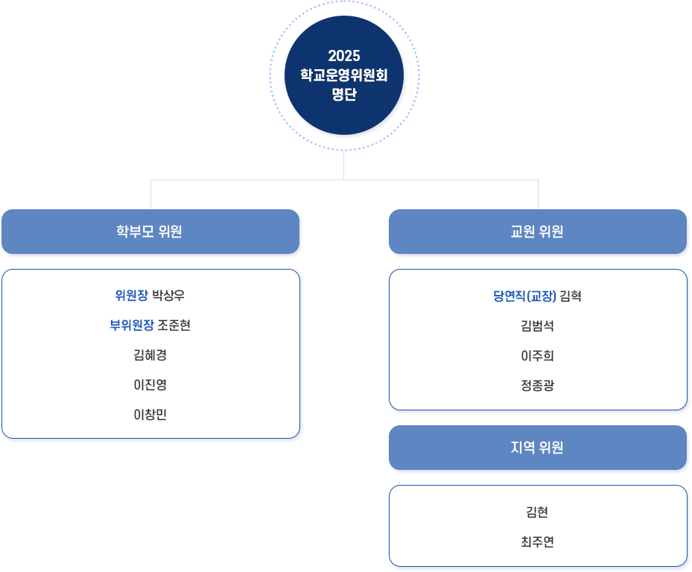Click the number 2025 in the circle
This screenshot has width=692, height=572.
(x=343, y=56)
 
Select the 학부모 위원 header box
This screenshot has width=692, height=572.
(x=150, y=232)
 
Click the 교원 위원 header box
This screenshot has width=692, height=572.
(x=537, y=232)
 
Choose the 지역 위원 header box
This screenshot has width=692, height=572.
(x=537, y=448)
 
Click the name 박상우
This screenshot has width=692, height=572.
(x=168, y=296)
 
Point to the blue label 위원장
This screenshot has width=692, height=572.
(x=131, y=296)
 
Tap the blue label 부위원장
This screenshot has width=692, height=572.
(x=132, y=325)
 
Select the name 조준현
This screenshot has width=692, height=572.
(x=174, y=325)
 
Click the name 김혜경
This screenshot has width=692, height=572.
(x=150, y=355)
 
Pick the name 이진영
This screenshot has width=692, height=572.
(x=150, y=385)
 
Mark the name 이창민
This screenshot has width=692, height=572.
(x=150, y=415)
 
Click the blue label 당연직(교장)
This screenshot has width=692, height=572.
(x=524, y=296)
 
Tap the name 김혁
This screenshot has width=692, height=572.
(x=571, y=296)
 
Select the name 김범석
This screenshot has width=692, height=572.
(x=537, y=326)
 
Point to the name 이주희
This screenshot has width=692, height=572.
(x=537, y=356)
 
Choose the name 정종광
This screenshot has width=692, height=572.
(x=537, y=386)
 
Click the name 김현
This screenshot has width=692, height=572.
(x=537, y=512)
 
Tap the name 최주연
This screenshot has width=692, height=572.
(x=537, y=542)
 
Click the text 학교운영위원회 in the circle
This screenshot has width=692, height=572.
(x=343, y=75)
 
